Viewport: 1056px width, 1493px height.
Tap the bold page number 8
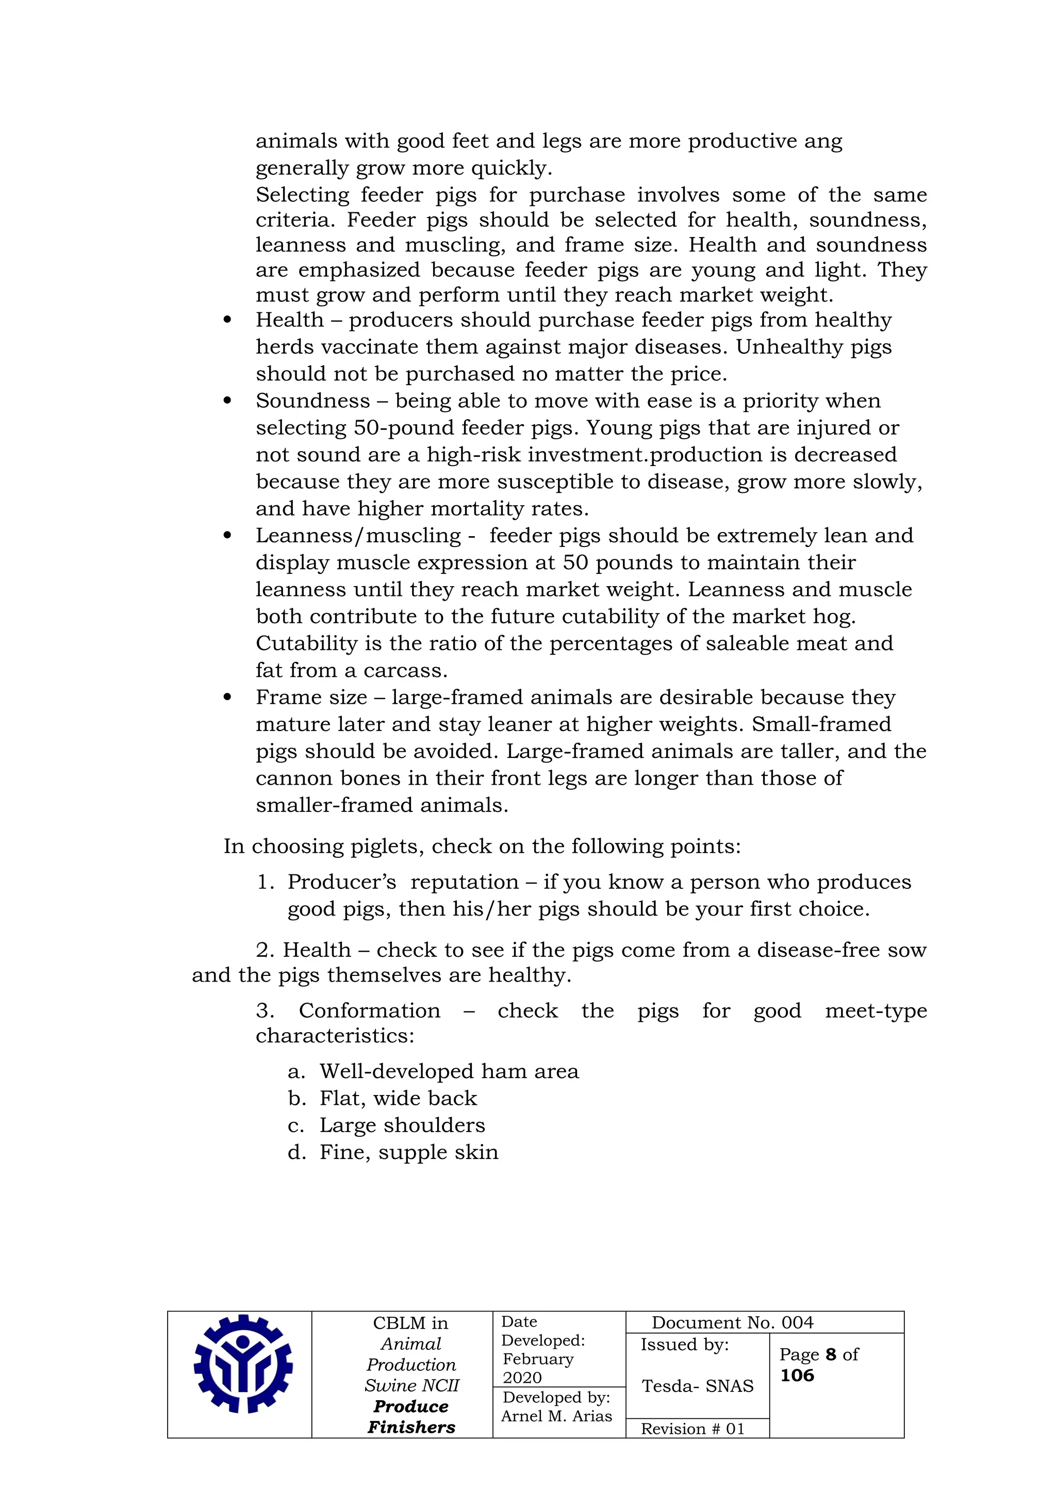[830, 1354]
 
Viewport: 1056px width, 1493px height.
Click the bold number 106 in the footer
[797, 1375]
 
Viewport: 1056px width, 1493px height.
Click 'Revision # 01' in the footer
[692, 1429]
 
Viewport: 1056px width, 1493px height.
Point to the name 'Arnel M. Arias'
[556, 1416]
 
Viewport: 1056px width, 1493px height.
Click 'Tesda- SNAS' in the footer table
[697, 1386]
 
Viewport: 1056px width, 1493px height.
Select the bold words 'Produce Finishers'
[411, 1416]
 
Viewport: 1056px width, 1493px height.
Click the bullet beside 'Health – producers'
[227, 320]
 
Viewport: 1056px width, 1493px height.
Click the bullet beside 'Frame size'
[227, 697]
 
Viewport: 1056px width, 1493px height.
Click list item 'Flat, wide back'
[398, 1098]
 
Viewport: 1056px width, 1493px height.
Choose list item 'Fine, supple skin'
[408, 1152]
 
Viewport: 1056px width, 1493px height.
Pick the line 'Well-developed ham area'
[449, 1071]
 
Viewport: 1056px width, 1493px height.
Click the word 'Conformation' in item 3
[369, 1010]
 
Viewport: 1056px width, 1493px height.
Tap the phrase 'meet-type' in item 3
[875, 1010]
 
